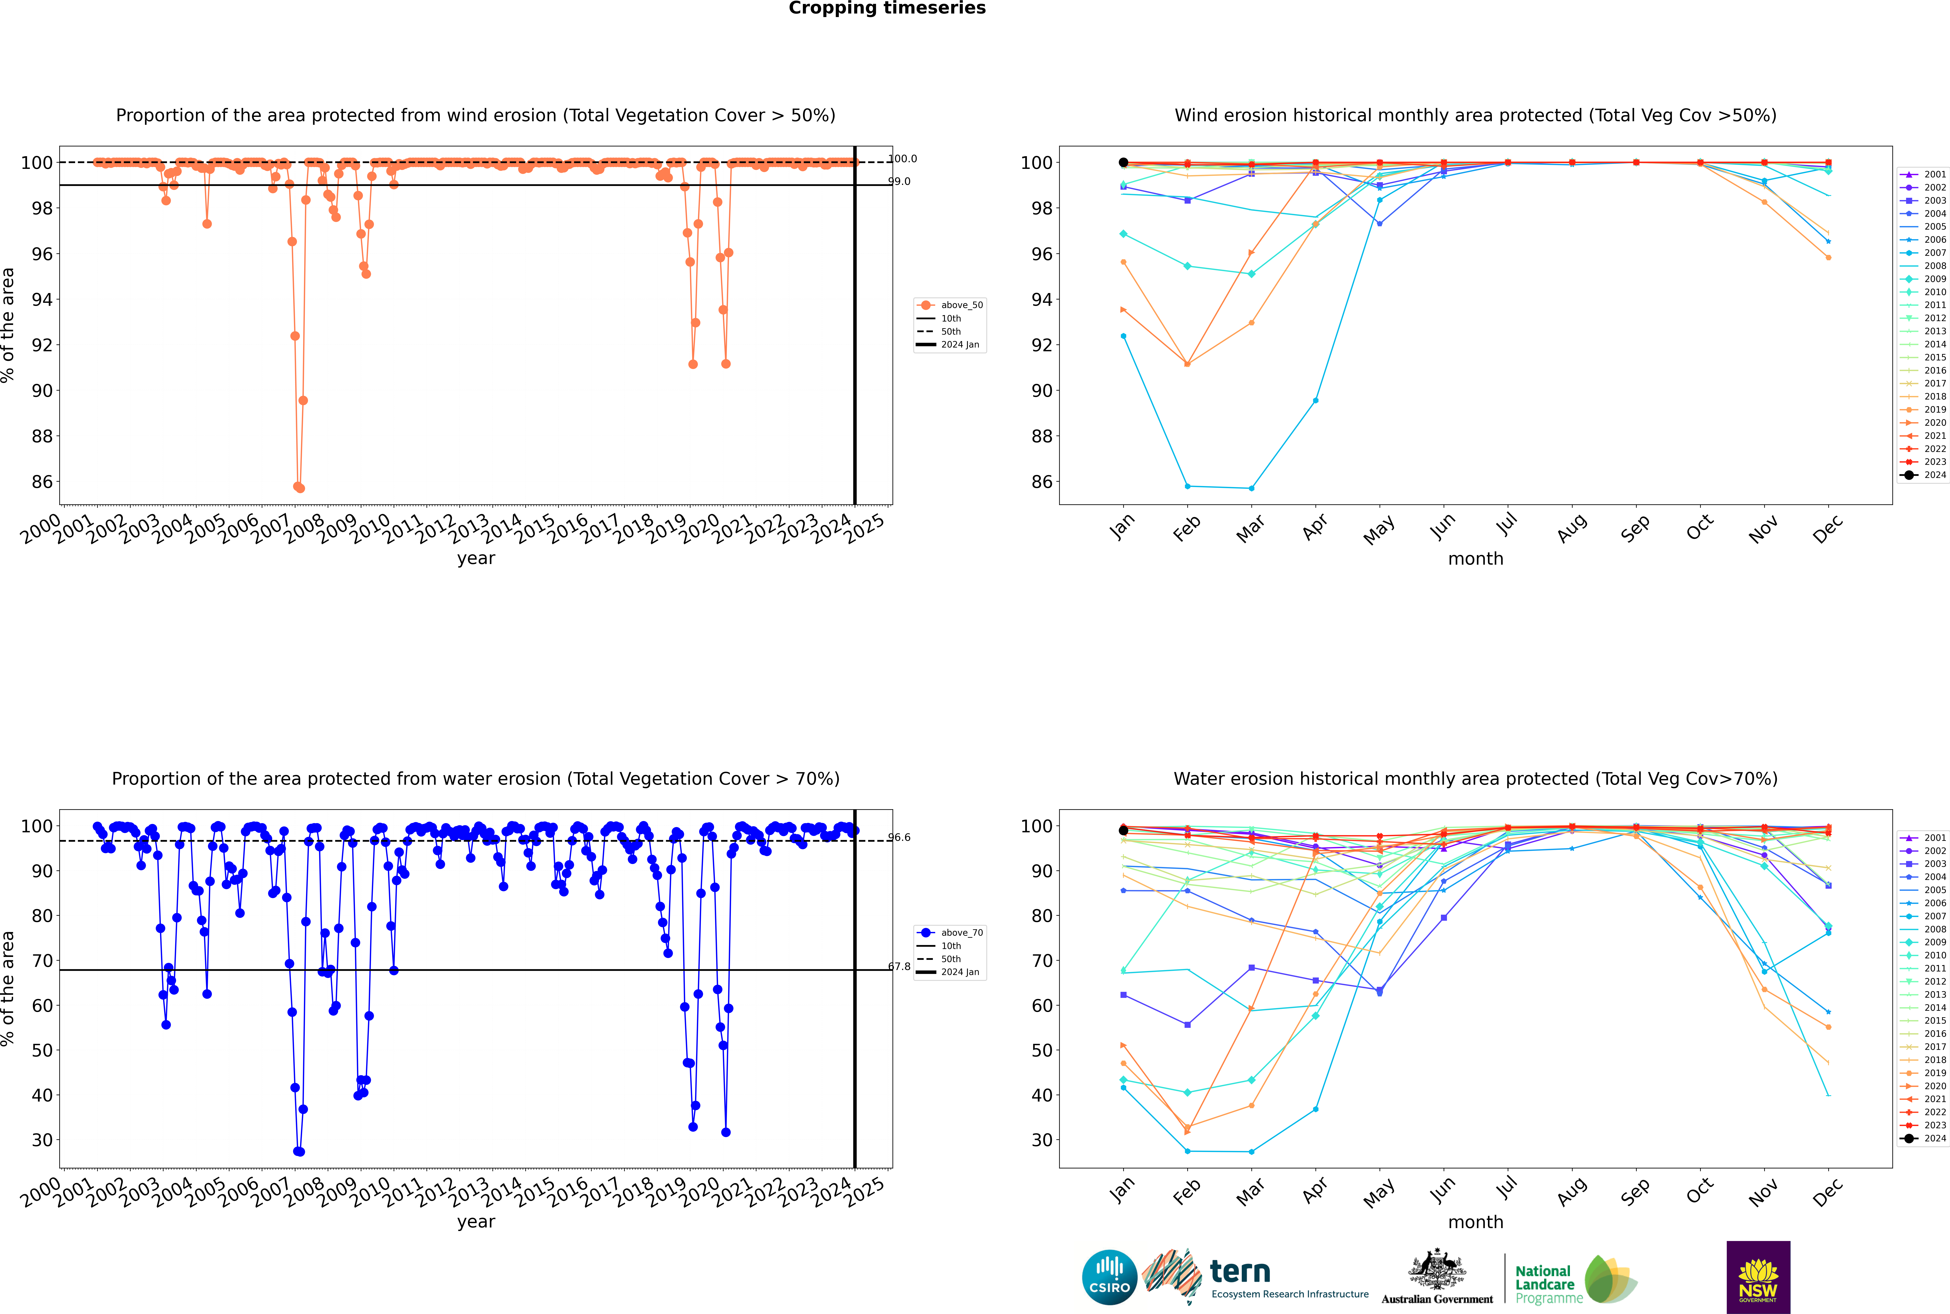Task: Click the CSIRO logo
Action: pyautogui.click(x=1109, y=1277)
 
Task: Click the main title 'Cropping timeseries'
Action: pyautogui.click(x=887, y=8)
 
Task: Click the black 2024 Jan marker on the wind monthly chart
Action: pyautogui.click(x=1123, y=163)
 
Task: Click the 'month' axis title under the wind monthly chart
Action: pyautogui.click(x=1475, y=559)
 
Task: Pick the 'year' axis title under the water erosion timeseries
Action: pyautogui.click(x=476, y=1222)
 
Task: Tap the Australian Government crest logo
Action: pyautogui.click(x=1437, y=1277)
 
